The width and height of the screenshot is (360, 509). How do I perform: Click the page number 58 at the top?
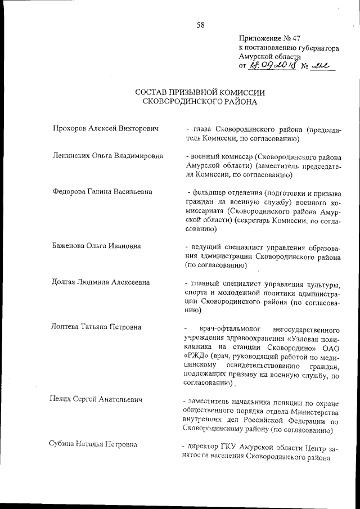coord(200,24)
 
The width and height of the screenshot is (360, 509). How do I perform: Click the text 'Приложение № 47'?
coord(268,39)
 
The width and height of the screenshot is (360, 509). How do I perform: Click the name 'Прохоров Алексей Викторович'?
coord(105,129)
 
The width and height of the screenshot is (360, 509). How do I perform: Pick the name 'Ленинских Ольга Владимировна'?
coord(107,156)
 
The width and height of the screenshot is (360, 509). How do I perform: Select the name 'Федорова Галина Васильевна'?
coord(102,192)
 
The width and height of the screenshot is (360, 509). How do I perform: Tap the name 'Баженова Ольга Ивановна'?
coord(96,246)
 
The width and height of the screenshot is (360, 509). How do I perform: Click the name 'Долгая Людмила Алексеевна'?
coord(101,282)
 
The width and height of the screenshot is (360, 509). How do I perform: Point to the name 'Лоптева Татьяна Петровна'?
coord(97,327)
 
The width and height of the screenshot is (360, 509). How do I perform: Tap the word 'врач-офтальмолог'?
coord(225,327)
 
